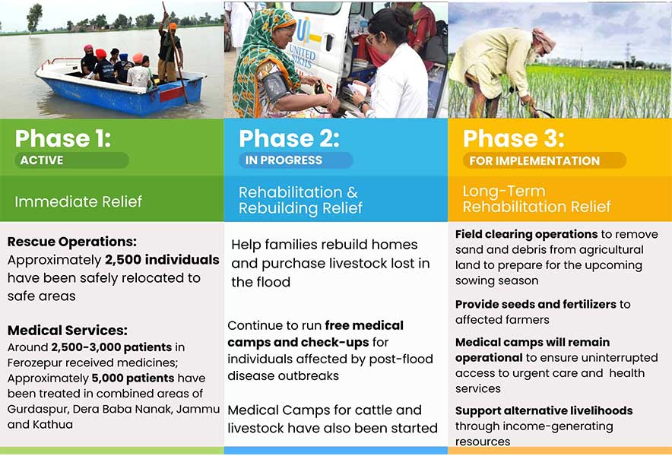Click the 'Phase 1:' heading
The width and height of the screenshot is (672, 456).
[x=63, y=138]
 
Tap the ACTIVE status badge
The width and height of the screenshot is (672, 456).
[x=71, y=160]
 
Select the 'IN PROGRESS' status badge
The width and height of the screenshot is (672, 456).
[x=296, y=160]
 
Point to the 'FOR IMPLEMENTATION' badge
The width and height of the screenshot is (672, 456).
[x=544, y=160]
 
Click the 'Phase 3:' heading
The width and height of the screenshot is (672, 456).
[x=513, y=138]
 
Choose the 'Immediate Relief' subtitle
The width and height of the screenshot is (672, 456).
[x=78, y=201]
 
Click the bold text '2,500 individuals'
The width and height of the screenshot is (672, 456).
[x=162, y=260]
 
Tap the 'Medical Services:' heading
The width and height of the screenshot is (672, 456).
[x=68, y=330]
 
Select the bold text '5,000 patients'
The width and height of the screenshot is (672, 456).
[x=133, y=378]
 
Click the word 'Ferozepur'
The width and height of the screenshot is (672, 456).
[x=34, y=363]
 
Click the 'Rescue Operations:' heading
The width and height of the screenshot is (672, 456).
[x=72, y=242]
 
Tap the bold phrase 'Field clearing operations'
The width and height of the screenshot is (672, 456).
[x=526, y=234]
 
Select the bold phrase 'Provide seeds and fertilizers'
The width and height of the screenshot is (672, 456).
[x=536, y=304]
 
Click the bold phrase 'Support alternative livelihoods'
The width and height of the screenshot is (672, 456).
[x=544, y=410]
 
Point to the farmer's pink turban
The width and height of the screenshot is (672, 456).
[x=544, y=40]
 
